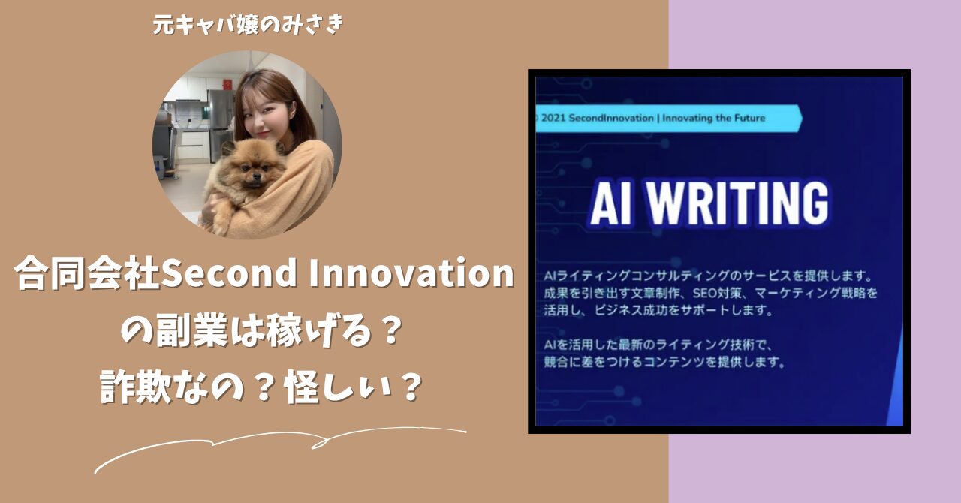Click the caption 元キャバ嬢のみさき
tap(249, 25)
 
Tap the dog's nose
tap(256, 176)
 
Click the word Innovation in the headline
tap(411, 273)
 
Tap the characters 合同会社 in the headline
tap(86, 273)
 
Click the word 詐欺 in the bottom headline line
tap(136, 387)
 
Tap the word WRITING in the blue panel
tap(737, 203)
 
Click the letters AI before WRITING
tap(611, 204)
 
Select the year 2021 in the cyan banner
tap(555, 118)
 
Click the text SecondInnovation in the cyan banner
tap(611, 118)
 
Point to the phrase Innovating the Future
tap(714, 118)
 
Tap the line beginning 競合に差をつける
tap(664, 362)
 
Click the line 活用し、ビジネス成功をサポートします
tap(658, 310)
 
